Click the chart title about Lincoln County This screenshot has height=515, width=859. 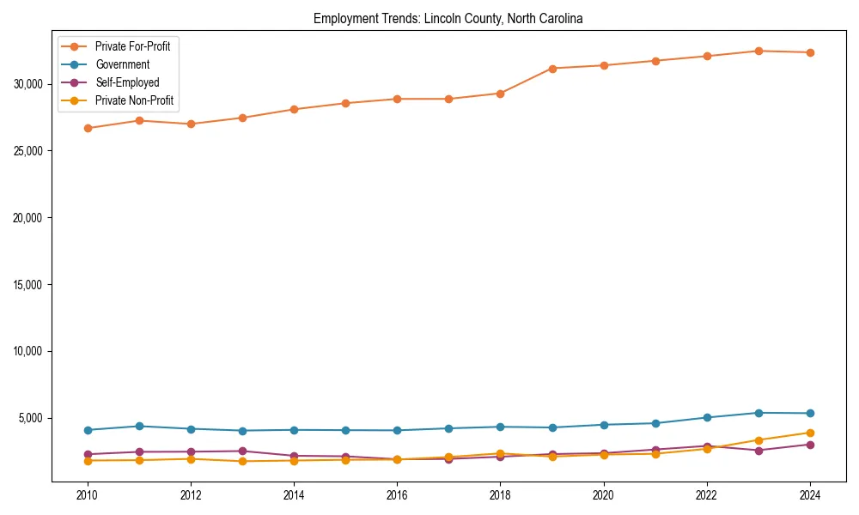(448, 18)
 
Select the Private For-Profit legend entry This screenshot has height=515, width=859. (132, 46)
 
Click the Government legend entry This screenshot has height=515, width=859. (122, 64)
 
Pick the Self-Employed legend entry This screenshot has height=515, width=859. (127, 82)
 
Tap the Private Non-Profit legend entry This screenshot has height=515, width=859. (134, 100)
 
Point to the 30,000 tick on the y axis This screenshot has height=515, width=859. (30, 84)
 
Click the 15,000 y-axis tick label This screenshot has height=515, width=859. (30, 285)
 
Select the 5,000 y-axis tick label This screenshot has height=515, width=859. (33, 419)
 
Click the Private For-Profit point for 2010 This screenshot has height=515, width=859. (87, 128)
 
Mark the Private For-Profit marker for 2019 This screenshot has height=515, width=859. (551, 69)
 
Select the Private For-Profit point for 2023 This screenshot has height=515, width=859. (758, 51)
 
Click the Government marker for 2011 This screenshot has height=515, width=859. (138, 426)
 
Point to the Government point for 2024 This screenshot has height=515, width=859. (810, 414)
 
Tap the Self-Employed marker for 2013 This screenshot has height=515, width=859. (242, 451)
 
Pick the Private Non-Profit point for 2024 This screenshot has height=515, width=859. (810, 433)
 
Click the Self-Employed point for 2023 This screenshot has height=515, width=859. (758, 451)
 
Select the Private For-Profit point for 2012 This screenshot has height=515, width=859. (191, 124)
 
